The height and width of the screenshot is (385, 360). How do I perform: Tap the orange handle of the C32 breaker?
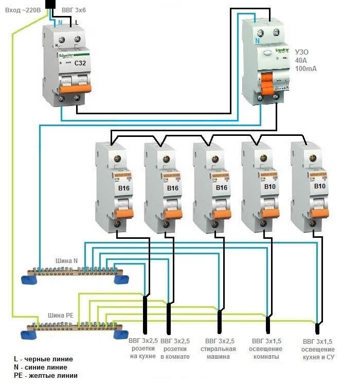(x=69, y=89)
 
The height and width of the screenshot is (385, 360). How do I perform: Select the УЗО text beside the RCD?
(x=302, y=51)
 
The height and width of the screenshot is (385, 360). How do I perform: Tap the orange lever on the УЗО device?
(x=267, y=82)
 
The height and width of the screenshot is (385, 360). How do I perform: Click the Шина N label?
(x=68, y=261)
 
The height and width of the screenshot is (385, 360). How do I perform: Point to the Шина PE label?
(x=61, y=315)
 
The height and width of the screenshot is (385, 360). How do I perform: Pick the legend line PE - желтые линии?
(x=46, y=376)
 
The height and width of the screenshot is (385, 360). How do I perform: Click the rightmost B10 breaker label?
(x=319, y=186)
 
